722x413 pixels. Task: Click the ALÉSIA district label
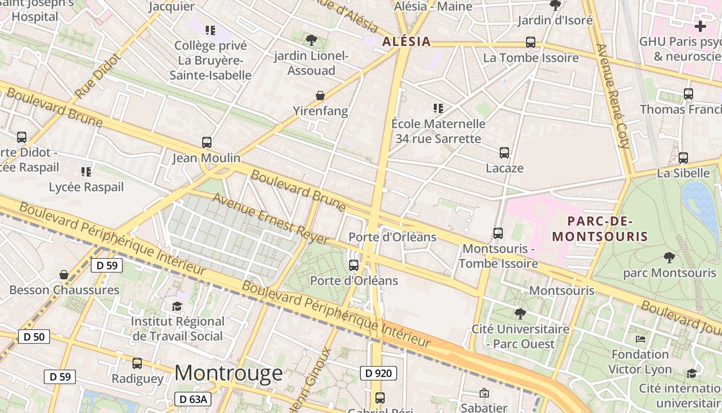(406, 42)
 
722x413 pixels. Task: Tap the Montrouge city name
(228, 373)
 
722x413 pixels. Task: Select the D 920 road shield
(378, 373)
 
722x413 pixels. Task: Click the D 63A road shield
(193, 399)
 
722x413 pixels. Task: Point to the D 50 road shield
(34, 337)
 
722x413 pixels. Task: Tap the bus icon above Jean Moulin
(207, 142)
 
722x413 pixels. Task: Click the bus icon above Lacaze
(504, 153)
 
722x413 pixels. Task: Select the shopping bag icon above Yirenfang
(320, 96)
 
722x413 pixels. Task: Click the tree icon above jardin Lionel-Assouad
(311, 40)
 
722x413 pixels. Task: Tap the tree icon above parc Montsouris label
(669, 257)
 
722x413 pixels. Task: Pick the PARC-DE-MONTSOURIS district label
(600, 229)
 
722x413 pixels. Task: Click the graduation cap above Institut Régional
(177, 306)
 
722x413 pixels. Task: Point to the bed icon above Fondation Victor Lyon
(640, 339)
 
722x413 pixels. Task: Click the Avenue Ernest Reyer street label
(270, 219)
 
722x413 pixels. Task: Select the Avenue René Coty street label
(613, 96)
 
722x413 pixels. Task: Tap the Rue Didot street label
(97, 76)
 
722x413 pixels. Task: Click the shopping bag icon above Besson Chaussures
(64, 275)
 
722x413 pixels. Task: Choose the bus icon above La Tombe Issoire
(530, 42)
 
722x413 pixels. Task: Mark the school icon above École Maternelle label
(438, 108)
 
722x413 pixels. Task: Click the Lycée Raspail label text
(86, 187)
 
